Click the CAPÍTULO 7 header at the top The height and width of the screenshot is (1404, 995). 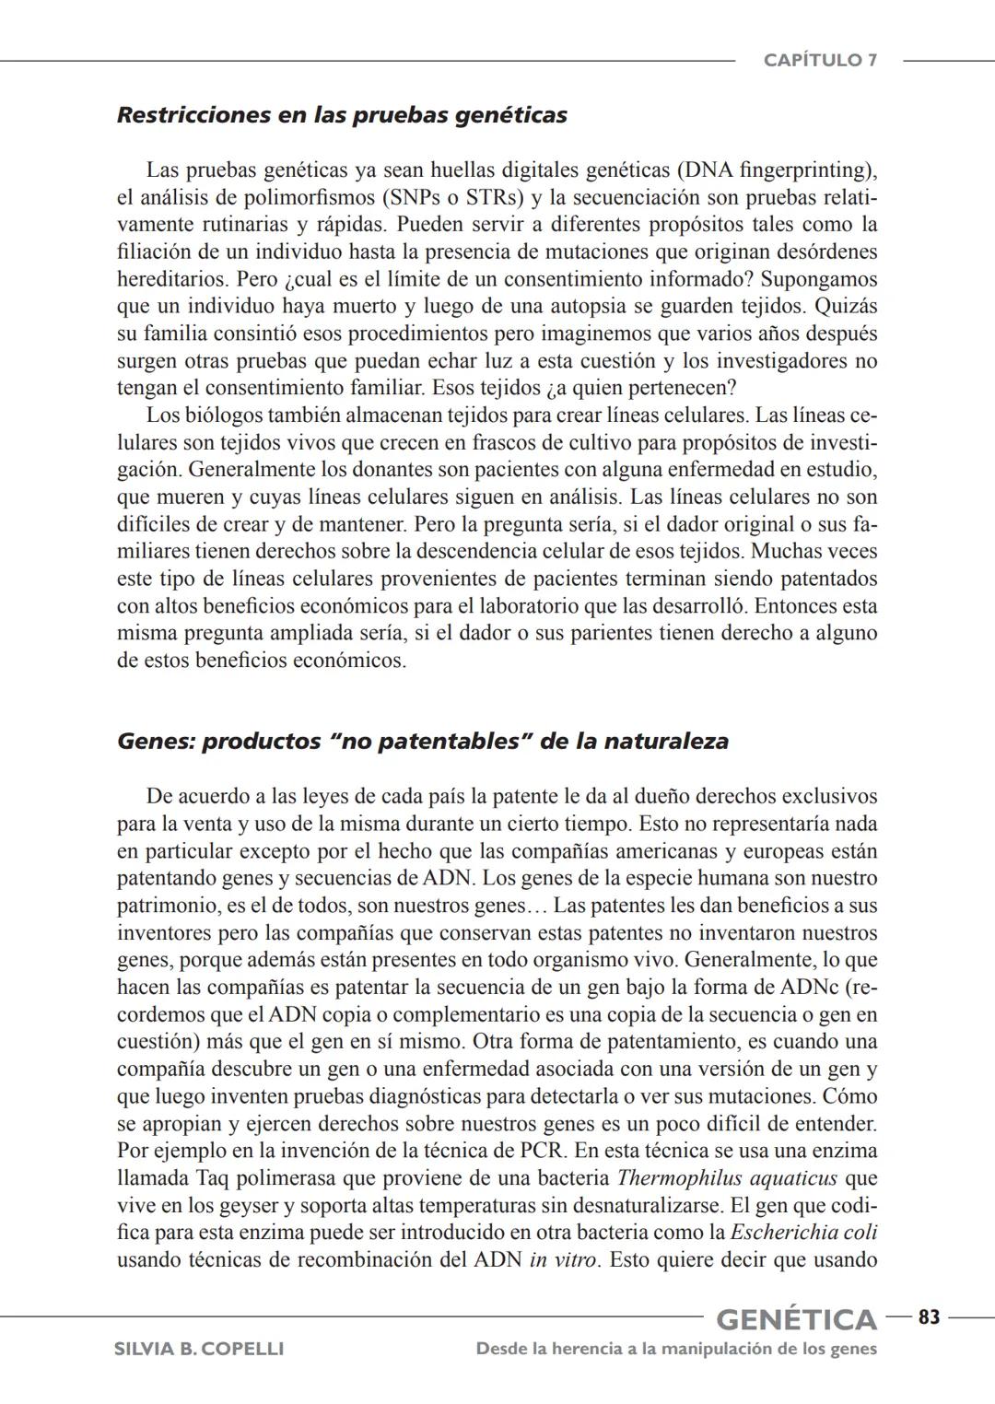[x=820, y=61]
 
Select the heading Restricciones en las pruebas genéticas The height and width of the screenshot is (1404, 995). [x=342, y=115]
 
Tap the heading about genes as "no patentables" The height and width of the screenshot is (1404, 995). [x=422, y=742]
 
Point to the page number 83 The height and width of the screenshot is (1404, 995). [x=929, y=1317]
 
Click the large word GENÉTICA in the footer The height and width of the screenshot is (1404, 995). [x=796, y=1319]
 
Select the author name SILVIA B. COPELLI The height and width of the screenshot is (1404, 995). [x=198, y=1349]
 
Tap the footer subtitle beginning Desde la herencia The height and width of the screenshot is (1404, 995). [x=676, y=1349]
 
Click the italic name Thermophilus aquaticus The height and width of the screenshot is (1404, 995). [x=727, y=1178]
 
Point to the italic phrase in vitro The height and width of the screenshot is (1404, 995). [x=564, y=1260]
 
